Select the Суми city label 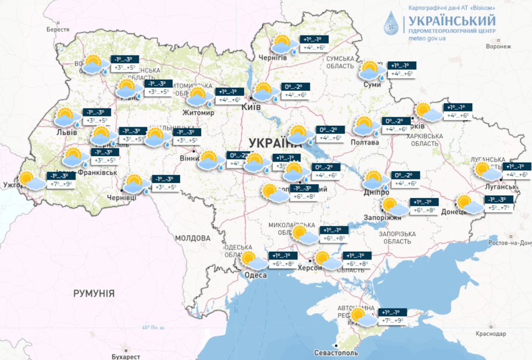pyautogui.click(x=372, y=84)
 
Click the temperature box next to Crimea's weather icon pyautogui.click(x=392, y=316)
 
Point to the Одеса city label pyautogui.click(x=256, y=275)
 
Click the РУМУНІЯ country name pyautogui.click(x=94, y=293)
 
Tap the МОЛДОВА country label pyautogui.click(x=193, y=238)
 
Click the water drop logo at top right pyautogui.click(x=392, y=24)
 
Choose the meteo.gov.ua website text pyautogui.click(x=427, y=38)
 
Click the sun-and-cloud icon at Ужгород pyautogui.click(x=31, y=181)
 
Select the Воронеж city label pyautogui.click(x=497, y=46)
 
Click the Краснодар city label pyautogui.click(x=491, y=334)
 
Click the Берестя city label pyautogui.click(x=58, y=30)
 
